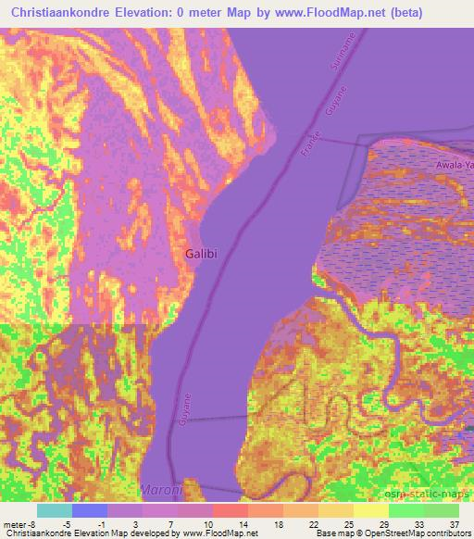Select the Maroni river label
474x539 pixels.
coord(160,489)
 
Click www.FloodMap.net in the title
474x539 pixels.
coord(328,12)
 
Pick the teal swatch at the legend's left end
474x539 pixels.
coord(55,510)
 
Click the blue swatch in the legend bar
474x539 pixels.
coord(90,510)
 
